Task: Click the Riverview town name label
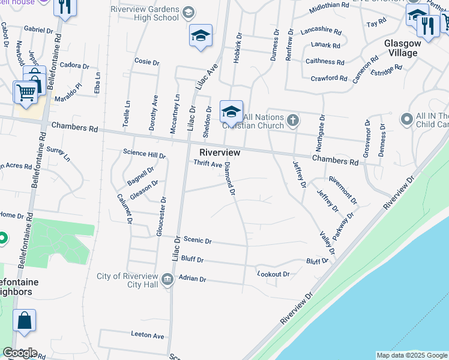(220, 153)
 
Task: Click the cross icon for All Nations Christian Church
(293, 120)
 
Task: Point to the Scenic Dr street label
(198, 241)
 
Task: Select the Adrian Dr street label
(193, 280)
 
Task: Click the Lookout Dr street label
(273, 274)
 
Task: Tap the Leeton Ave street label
(147, 335)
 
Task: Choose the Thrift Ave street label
(208, 164)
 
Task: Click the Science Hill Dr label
(144, 153)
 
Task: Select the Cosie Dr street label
(147, 62)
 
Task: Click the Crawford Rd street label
(329, 79)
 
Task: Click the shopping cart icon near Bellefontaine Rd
(26, 93)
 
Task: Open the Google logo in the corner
(20, 353)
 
